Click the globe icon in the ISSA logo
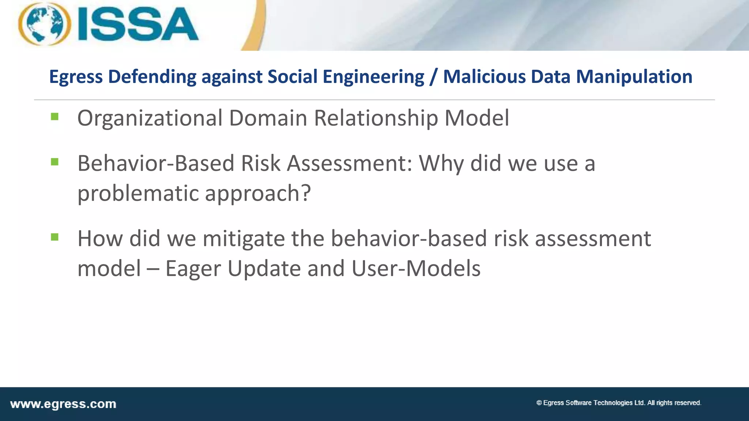click(x=45, y=24)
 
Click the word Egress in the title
click(x=76, y=77)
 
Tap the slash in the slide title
click(x=433, y=77)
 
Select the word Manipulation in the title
click(x=634, y=77)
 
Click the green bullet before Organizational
click(x=55, y=117)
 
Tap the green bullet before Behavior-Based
click(x=55, y=162)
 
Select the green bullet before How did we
click(x=55, y=238)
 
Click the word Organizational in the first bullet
click(x=150, y=118)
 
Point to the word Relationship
click(x=376, y=118)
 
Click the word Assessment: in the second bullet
click(x=350, y=163)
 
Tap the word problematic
click(x=138, y=193)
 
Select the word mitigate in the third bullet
click(x=244, y=239)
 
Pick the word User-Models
click(x=416, y=269)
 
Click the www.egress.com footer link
click(x=63, y=404)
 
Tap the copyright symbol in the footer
click(x=539, y=403)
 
